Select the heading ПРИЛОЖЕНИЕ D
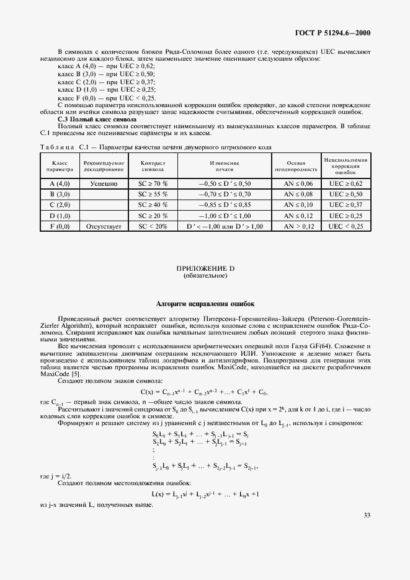click(x=205, y=268)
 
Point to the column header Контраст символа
click(x=152, y=165)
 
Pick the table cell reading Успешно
click(x=104, y=184)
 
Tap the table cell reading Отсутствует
click(x=104, y=226)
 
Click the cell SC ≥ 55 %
click(x=152, y=195)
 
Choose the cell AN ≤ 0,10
click(x=298, y=205)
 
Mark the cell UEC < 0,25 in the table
click(x=346, y=226)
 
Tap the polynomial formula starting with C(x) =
click(x=204, y=392)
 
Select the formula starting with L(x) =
click(x=205, y=494)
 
